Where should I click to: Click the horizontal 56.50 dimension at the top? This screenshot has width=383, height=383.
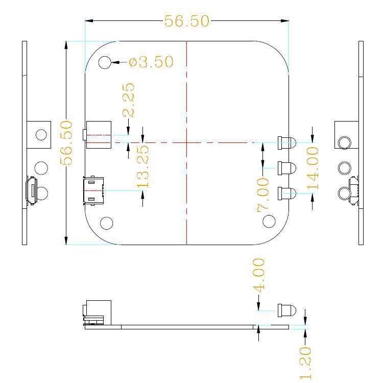186,21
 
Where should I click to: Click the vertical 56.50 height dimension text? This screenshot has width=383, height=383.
66,142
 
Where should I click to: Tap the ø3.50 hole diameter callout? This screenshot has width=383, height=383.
151,62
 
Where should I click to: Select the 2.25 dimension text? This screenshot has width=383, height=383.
129,100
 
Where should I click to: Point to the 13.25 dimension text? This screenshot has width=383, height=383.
143,167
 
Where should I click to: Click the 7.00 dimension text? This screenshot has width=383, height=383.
263,195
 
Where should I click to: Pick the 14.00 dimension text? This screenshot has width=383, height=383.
313,169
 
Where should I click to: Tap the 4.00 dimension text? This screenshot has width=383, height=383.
259,275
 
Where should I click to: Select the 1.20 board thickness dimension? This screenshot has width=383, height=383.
305,363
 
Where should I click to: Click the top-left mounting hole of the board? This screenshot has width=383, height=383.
105,62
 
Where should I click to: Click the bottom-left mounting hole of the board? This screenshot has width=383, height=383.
107,223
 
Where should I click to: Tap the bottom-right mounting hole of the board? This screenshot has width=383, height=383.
269,221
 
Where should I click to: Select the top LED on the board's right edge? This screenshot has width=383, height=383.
287,143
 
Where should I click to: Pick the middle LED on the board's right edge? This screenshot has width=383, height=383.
287,168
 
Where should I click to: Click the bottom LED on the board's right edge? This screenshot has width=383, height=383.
287,194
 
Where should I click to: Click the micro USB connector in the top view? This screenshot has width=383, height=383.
93,190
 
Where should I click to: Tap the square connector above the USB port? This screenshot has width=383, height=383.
97,135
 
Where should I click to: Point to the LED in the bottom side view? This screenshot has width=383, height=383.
287,310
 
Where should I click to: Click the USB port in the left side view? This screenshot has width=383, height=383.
32,190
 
